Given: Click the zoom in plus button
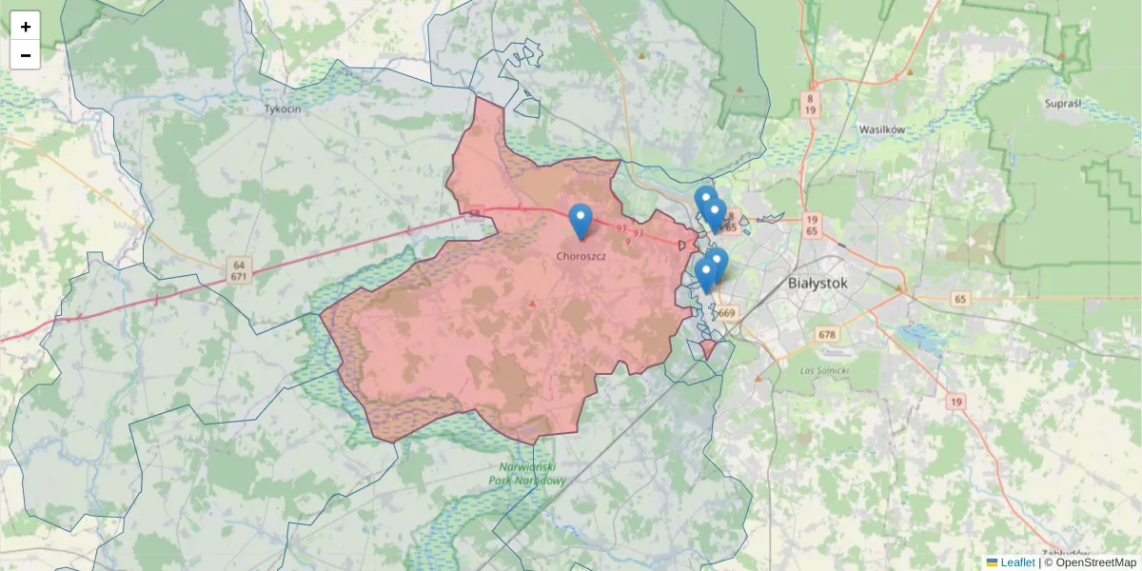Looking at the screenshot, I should [x=26, y=27].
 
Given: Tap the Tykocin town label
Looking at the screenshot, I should [x=283, y=109].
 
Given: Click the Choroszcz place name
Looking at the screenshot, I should [x=581, y=256].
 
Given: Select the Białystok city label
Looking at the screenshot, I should [x=817, y=283].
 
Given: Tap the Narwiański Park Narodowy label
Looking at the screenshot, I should [x=533, y=474].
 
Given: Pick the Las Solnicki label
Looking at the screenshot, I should [x=823, y=369].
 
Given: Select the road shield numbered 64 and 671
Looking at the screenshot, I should [x=239, y=269].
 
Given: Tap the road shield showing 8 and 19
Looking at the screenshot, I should [x=810, y=104].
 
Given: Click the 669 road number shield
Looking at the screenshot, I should [x=728, y=313].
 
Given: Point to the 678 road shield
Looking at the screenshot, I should [x=827, y=335].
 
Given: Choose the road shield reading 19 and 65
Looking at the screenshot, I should [x=811, y=226].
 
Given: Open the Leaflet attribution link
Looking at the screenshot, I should [x=1017, y=562].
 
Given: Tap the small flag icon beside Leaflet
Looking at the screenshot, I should [x=992, y=562].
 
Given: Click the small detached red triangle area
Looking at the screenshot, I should [x=708, y=349].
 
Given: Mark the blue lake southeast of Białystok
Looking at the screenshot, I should [x=918, y=335].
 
